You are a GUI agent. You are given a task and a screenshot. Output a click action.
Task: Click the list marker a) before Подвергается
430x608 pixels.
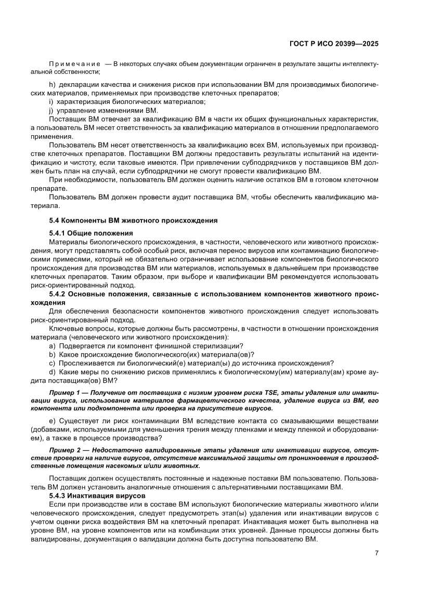pos(52,346)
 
